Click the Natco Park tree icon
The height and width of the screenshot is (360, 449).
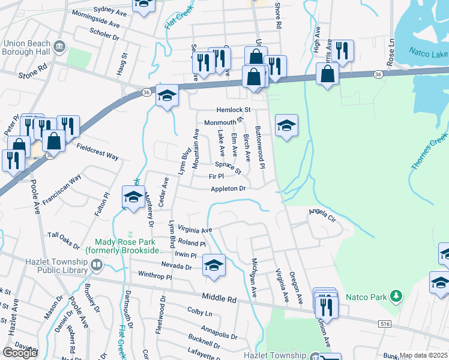coord(396,296)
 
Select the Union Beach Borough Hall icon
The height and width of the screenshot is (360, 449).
coord(59,47)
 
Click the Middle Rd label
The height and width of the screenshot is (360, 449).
coord(220,296)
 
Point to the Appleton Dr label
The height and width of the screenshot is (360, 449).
coord(228,188)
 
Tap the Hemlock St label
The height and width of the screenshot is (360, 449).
coord(233,110)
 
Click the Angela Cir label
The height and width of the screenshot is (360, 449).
coord(321,212)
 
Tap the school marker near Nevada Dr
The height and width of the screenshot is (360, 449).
coord(214,264)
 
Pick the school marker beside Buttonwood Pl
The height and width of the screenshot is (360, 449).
coord(287,125)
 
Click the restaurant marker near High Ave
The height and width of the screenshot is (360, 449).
coord(342,50)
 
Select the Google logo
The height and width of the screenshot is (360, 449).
coord(20,353)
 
